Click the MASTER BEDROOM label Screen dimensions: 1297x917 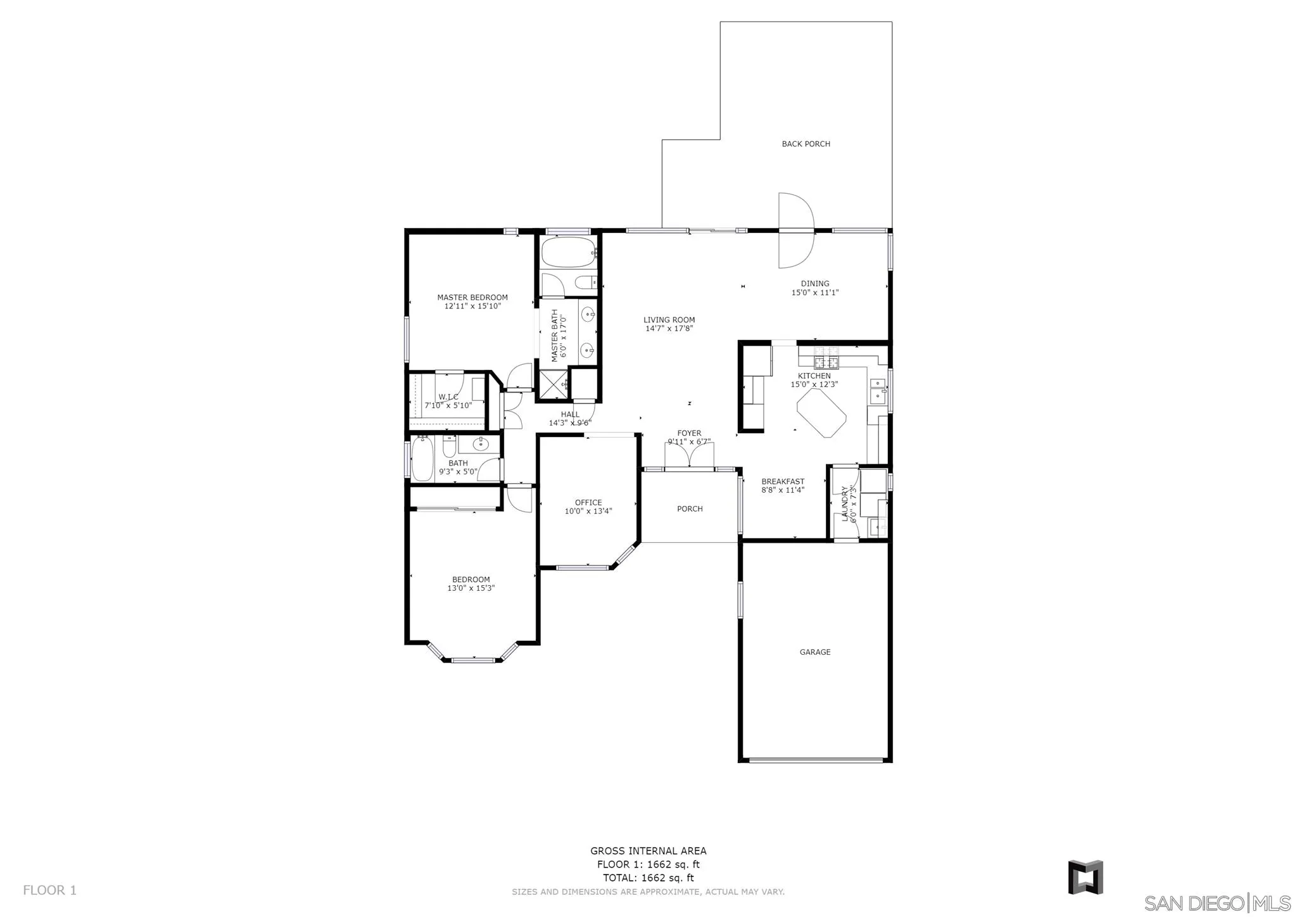472,298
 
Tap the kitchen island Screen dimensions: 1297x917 821,413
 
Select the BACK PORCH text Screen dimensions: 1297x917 806,144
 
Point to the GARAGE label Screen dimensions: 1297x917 815,652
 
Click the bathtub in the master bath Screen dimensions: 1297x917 569,252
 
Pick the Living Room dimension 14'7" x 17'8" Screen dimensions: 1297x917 669,329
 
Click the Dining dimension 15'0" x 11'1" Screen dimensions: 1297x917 815,293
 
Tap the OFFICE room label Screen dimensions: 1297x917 588,503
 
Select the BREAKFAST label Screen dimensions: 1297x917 783,481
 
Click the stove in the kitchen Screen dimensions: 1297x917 826,358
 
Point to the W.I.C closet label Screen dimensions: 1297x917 448,397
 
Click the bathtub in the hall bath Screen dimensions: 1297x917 422,459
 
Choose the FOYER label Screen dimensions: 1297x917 689,433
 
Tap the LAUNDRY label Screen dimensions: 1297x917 845,503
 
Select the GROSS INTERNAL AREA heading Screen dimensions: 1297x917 648,851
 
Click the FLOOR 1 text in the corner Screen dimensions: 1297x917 49,890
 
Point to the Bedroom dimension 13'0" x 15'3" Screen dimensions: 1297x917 471,588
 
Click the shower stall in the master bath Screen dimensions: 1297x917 553,384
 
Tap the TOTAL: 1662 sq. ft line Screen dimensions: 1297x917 648,878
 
